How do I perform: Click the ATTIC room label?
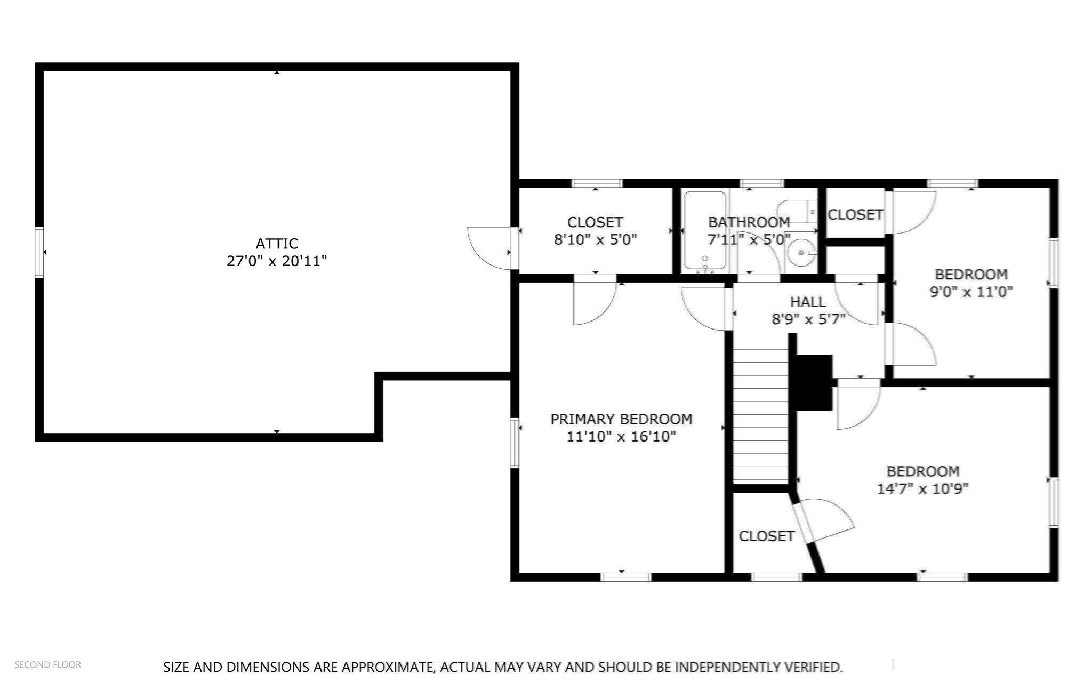tap(277, 244)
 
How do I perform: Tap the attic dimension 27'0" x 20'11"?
tap(277, 261)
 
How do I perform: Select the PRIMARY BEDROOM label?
tap(621, 419)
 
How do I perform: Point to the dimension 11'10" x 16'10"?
tap(621, 437)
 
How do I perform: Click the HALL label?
tap(808, 302)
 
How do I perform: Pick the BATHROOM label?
tap(749, 222)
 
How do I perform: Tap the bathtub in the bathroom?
tap(705, 231)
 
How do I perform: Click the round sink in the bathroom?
tap(801, 252)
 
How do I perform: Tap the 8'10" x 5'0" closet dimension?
tap(596, 239)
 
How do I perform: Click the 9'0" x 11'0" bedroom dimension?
tap(971, 292)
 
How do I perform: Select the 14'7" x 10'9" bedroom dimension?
tap(923, 489)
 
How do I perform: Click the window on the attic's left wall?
tap(39, 252)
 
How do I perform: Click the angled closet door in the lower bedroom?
tap(822, 520)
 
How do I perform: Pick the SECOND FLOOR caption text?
tap(48, 664)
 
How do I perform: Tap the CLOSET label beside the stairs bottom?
tap(767, 536)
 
